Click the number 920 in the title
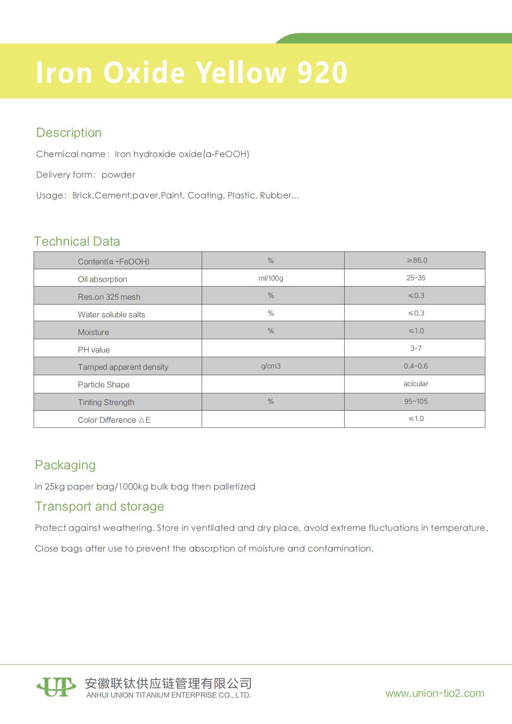(x=322, y=72)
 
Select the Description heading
(x=69, y=132)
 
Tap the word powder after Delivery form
(x=118, y=175)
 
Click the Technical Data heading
(x=77, y=241)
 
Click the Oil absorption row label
(x=102, y=279)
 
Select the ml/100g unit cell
(x=271, y=278)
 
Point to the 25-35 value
(x=416, y=278)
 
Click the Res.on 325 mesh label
(x=109, y=297)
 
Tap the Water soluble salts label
(x=111, y=314)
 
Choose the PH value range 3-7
(x=416, y=348)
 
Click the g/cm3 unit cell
(x=271, y=366)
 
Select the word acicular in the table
(x=416, y=384)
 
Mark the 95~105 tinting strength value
(x=416, y=401)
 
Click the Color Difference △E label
(x=114, y=420)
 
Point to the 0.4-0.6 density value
(x=416, y=366)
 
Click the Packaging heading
(x=65, y=465)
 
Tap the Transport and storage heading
(x=99, y=506)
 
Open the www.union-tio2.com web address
(x=435, y=693)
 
